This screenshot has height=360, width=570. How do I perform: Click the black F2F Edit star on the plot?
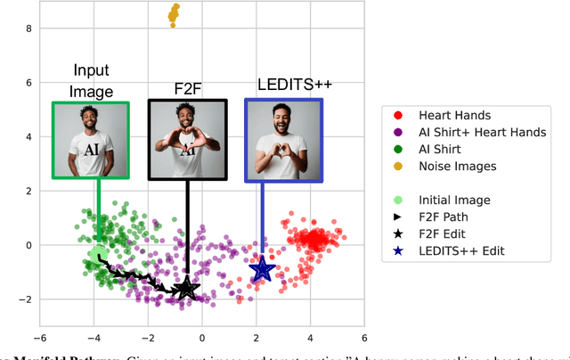pos(186,287)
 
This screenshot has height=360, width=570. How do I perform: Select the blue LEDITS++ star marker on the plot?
pos(262,268)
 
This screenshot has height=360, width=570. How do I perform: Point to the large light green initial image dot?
pos(97,256)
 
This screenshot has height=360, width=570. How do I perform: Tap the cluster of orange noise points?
pos(173,14)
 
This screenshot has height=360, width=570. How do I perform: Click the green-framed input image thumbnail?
pos(91,140)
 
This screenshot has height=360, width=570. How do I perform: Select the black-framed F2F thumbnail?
pos(187,140)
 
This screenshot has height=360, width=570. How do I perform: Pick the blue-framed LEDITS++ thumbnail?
pos(283,140)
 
